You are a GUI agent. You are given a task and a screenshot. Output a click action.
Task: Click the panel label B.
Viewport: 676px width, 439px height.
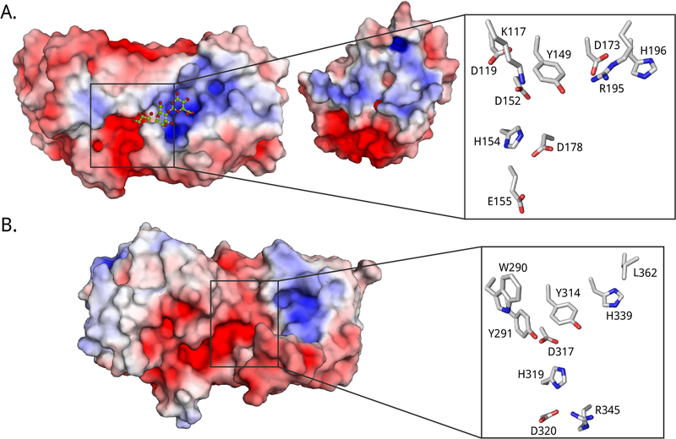tap(13, 229)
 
